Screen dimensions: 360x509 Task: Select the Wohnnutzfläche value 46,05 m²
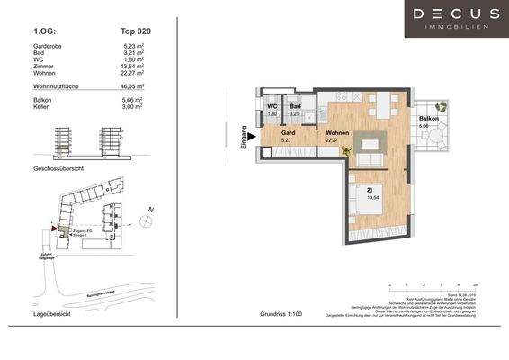click(x=135, y=86)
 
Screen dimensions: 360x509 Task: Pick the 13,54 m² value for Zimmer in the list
click(x=135, y=67)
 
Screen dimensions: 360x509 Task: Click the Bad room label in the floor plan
click(x=294, y=107)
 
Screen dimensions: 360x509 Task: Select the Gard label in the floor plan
click(x=288, y=132)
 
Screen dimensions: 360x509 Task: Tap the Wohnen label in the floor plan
click(x=337, y=132)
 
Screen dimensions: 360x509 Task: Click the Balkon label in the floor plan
click(x=428, y=119)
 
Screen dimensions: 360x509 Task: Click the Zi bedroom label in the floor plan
click(x=370, y=190)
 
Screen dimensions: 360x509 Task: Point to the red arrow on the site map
click(x=55, y=229)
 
